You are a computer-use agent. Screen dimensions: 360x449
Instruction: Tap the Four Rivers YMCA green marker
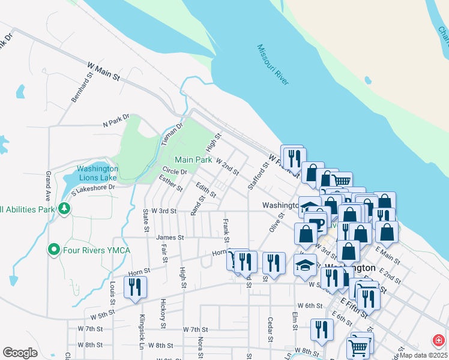54,248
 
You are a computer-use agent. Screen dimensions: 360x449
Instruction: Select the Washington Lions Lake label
97,173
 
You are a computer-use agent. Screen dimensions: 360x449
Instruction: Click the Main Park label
193,160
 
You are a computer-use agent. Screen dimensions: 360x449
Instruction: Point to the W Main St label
103,70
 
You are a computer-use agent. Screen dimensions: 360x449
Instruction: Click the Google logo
20,353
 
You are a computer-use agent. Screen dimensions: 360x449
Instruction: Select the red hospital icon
439,340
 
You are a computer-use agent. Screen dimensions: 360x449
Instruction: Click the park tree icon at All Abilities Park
63,208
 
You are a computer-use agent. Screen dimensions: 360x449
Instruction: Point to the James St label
170,238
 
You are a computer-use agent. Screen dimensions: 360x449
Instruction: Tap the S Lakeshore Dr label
92,191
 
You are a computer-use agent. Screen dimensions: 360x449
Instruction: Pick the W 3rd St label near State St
163,211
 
